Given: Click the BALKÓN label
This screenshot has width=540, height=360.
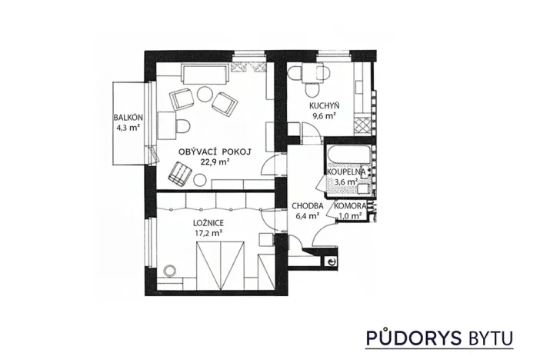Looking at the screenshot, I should (128, 117).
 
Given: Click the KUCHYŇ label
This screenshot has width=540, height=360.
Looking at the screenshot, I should (325, 105).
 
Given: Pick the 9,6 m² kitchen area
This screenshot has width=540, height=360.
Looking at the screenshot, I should (325, 116).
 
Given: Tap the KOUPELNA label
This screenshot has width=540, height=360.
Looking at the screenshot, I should (350, 172).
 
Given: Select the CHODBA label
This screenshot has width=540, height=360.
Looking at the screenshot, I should (307, 205).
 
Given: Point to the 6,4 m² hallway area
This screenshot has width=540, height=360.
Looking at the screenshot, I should (307, 216).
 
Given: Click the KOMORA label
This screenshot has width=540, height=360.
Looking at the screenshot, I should (350, 205).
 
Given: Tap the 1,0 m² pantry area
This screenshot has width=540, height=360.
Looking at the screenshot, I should (350, 216).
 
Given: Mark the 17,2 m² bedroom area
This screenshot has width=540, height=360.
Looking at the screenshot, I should (208, 231).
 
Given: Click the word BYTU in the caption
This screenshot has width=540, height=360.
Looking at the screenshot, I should (488, 337).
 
